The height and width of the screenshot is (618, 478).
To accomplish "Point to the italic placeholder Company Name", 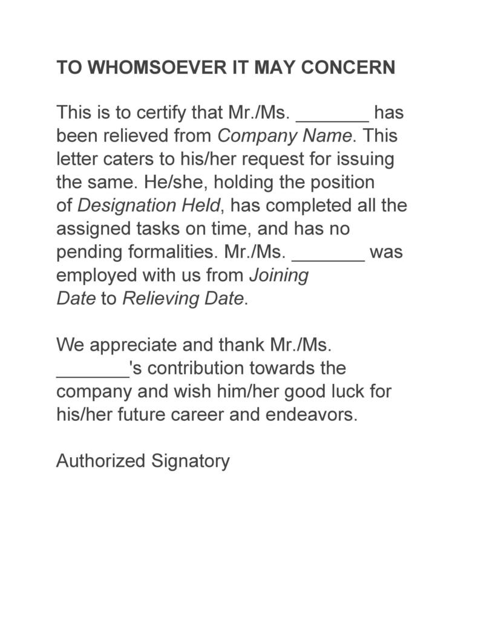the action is [284, 135].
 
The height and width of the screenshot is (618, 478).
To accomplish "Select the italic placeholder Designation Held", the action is [149, 206].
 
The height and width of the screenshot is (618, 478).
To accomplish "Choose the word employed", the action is [97, 276].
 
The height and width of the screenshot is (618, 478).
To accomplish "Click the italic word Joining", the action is [279, 276].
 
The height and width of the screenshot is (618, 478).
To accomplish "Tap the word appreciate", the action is [128, 345].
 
